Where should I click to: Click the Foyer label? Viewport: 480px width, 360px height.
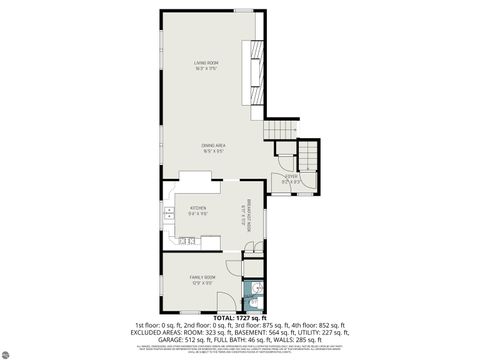point(291,181)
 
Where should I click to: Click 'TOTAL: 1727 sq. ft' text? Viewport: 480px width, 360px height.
point(239,318)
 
